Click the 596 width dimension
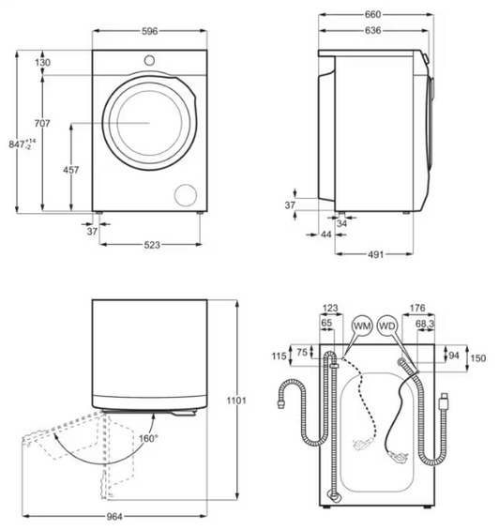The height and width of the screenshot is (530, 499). [x=149, y=31]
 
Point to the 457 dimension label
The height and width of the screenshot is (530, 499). [x=70, y=170]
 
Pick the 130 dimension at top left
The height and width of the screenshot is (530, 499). [x=43, y=63]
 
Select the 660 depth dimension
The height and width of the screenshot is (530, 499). [x=372, y=15]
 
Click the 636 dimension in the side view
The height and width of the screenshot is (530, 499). [x=372, y=31]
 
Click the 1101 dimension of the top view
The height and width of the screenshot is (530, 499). [x=236, y=401]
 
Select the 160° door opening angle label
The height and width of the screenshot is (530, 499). [x=148, y=438]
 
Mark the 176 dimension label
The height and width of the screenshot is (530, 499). [x=419, y=308]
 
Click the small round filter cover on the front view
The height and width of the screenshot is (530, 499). [x=187, y=193]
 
